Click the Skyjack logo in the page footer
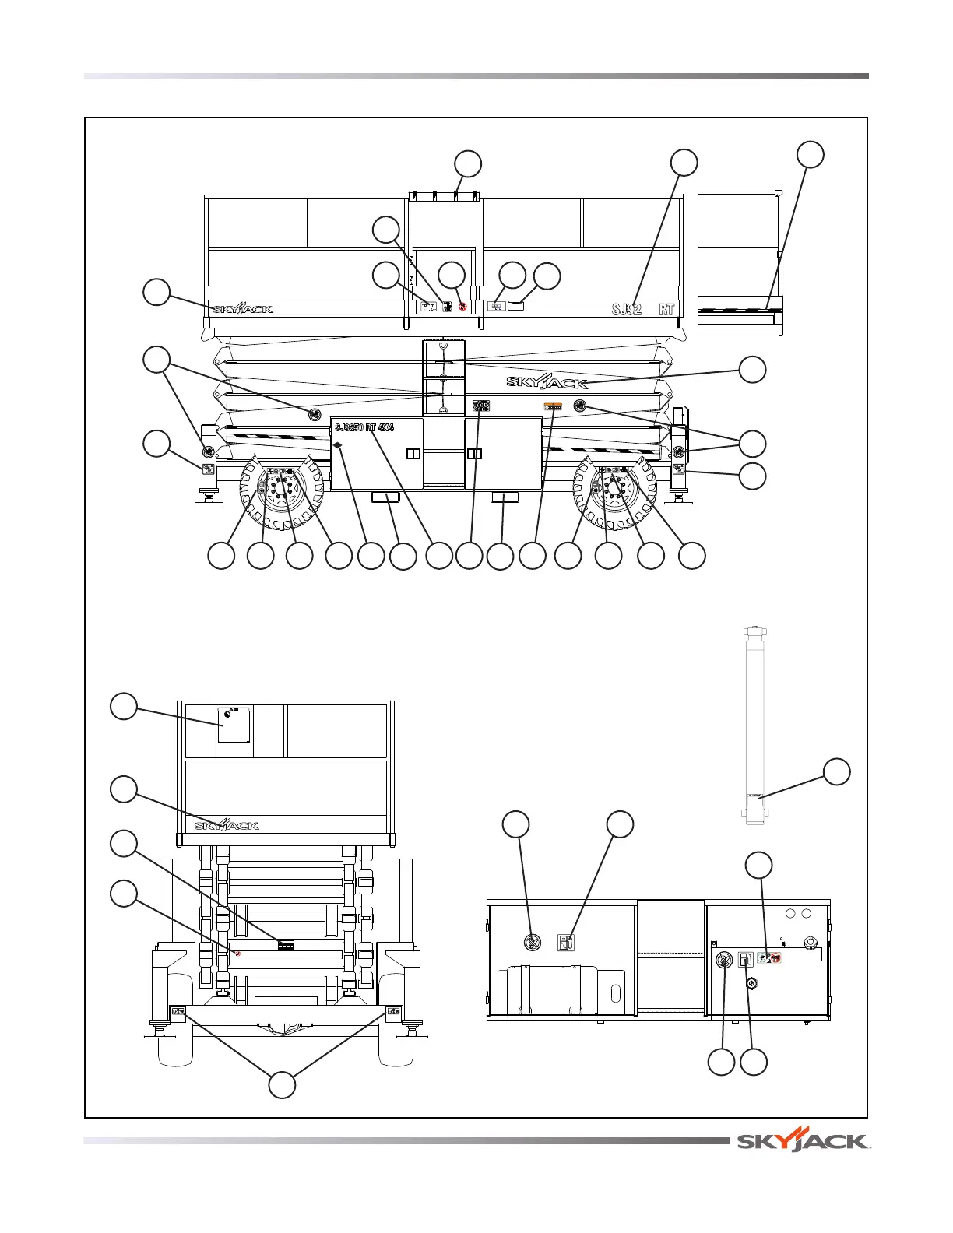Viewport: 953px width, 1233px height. [803, 1142]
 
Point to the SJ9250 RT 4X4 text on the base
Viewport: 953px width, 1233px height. [364, 427]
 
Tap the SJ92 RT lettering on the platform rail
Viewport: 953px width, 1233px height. [642, 309]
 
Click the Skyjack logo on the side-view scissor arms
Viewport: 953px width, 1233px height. [547, 381]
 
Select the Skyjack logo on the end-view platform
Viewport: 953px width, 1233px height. [227, 825]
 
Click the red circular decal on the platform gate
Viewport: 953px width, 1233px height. [463, 307]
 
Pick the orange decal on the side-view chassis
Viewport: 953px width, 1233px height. [553, 406]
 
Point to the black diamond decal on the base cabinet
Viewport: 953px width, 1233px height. [339, 445]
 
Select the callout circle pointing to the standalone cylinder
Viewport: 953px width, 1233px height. [837, 771]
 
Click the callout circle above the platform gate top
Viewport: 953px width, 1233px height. [468, 164]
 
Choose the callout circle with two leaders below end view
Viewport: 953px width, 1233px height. [282, 1084]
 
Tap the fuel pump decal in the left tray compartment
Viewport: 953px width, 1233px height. [567, 943]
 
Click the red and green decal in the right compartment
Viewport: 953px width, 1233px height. [769, 958]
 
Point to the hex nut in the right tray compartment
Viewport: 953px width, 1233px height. [752, 983]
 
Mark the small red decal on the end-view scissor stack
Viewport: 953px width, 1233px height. [237, 954]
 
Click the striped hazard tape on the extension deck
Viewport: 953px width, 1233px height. [740, 309]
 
